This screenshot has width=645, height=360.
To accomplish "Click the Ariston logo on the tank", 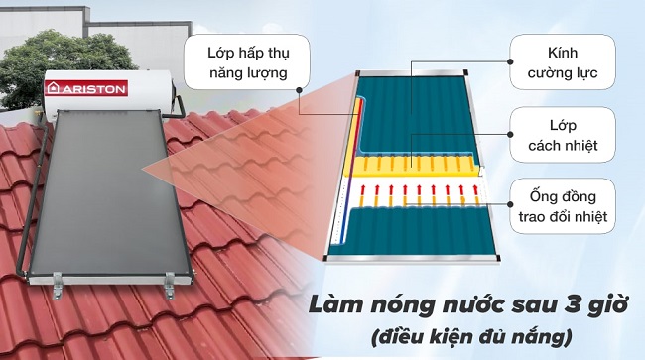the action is tap(86, 88).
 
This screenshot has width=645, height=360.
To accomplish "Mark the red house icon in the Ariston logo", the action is tap(57, 88).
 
